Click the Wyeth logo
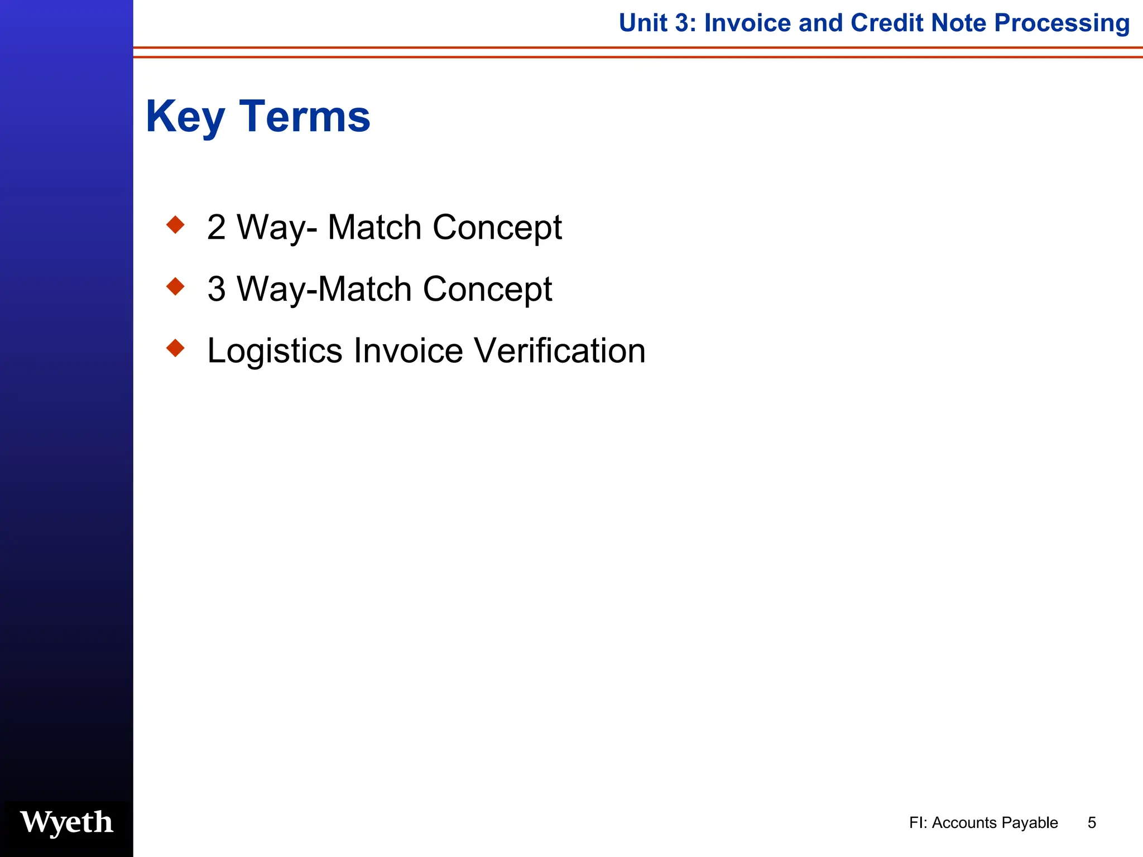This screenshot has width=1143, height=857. pos(66,822)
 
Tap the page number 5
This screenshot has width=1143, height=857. pos(1092,822)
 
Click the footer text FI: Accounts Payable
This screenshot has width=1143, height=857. pos(983,822)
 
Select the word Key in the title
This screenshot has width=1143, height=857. pos(185,117)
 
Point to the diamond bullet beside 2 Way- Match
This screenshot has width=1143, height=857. pos(175,225)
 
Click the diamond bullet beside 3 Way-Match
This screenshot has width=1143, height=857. pos(175,287)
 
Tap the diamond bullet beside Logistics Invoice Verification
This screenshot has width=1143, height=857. pos(175,348)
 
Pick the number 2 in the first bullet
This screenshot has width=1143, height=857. pos(216,228)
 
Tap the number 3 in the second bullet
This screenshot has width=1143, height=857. pos(216,289)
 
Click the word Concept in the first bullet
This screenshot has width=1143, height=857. pos(497,228)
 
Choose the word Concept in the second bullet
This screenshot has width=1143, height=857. pos(487,289)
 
